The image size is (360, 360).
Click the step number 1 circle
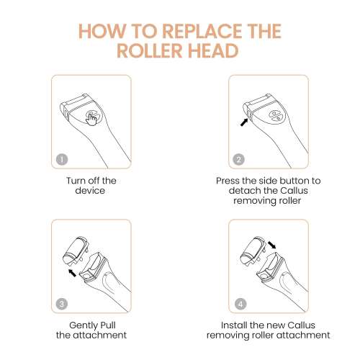(x=62, y=159)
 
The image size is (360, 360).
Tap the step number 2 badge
(x=239, y=159)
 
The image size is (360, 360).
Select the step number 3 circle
(x=62, y=304)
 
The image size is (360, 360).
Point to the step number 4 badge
(x=240, y=304)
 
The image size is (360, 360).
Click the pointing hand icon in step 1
(x=91, y=118)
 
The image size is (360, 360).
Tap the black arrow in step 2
(x=244, y=122)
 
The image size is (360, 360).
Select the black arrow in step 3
(x=72, y=273)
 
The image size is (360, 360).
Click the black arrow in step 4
(x=272, y=246)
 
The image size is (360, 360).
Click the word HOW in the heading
(x=102, y=31)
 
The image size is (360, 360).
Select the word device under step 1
(x=90, y=191)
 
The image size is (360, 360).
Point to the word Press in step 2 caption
(x=228, y=181)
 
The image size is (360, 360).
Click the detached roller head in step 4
(x=253, y=250)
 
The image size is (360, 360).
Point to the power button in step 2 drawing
(x=275, y=116)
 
